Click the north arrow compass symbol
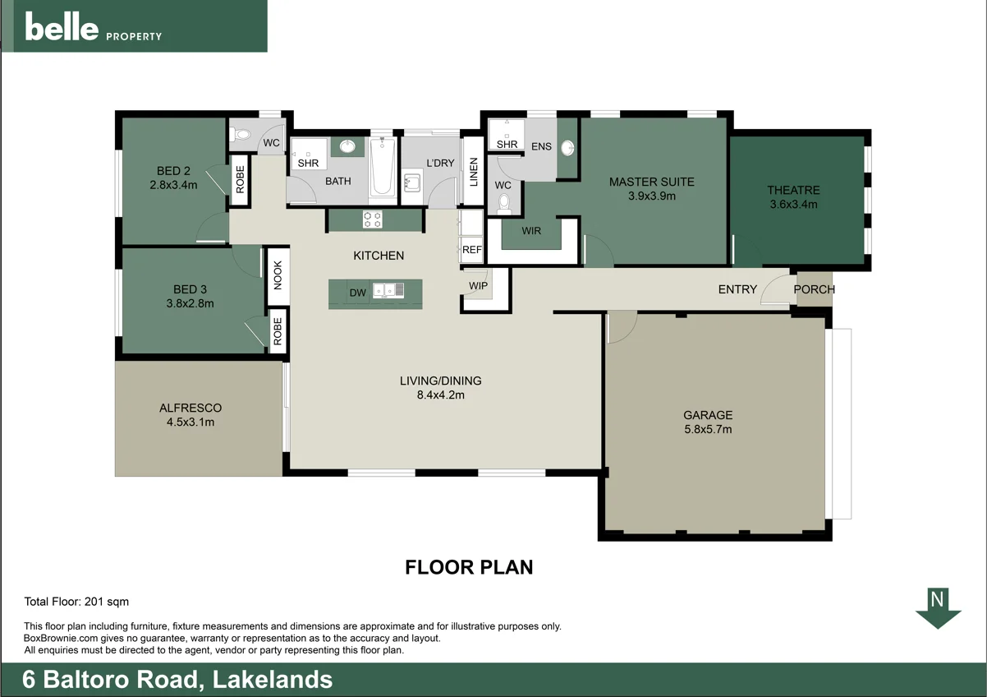coord(938,609)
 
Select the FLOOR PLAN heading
coord(469,567)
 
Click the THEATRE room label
coord(793,190)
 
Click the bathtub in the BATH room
coord(382,168)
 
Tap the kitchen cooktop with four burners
coord(372,219)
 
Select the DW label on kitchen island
coord(357,293)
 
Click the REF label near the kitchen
coord(471,250)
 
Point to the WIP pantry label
coord(478,286)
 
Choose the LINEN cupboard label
coord(473,171)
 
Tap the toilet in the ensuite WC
coord(505,203)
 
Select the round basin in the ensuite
coord(567,148)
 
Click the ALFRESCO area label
coord(191,408)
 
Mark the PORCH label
coord(814,289)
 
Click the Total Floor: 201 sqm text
coord(76,602)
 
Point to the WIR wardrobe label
coord(531,231)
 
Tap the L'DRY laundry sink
coord(411,181)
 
